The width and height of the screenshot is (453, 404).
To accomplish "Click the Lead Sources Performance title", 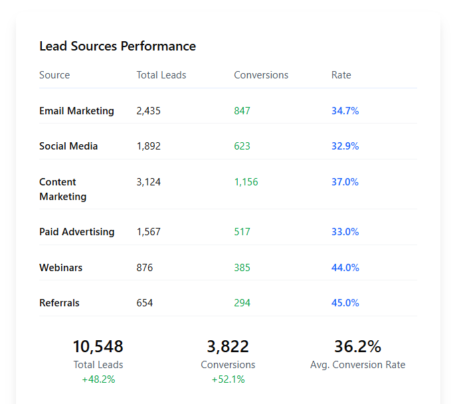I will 118,47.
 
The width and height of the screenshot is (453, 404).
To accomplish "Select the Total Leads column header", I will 161,75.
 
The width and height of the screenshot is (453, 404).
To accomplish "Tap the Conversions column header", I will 261,75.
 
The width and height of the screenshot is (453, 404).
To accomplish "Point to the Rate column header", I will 341,75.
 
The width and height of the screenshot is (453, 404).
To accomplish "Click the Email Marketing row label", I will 76,111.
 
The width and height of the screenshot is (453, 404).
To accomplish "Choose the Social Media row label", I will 68,146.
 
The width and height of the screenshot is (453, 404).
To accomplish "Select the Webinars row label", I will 61,268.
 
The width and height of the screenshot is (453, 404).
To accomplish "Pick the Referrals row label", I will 59,303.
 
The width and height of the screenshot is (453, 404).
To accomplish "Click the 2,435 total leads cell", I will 148,111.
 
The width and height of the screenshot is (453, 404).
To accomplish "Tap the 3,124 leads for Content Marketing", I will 148,182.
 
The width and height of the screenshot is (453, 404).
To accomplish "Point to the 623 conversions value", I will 242,146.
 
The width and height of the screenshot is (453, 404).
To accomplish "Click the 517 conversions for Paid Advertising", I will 242,232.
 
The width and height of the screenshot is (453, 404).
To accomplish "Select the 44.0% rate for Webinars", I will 345,268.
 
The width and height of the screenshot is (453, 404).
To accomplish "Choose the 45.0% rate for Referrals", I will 345,303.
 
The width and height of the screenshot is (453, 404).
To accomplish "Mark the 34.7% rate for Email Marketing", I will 345,111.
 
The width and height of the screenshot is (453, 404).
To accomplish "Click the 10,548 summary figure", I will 98,347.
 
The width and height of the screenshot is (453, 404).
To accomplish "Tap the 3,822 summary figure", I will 228,347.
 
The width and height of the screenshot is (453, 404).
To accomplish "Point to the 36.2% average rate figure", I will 357,347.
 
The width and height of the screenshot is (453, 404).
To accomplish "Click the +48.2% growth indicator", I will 98,379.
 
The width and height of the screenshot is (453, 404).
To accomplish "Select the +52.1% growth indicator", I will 228,379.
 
